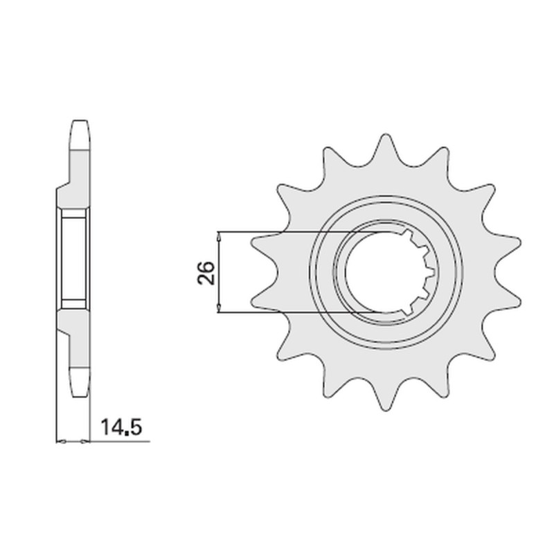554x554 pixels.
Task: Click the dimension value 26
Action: (x=206, y=272)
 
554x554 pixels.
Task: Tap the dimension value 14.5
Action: (x=121, y=427)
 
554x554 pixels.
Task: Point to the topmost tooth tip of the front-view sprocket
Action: (x=386, y=135)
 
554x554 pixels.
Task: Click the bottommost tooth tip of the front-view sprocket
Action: (x=386, y=410)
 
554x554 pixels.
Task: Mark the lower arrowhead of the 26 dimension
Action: (x=219, y=308)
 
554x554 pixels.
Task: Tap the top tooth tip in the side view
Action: (x=80, y=121)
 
